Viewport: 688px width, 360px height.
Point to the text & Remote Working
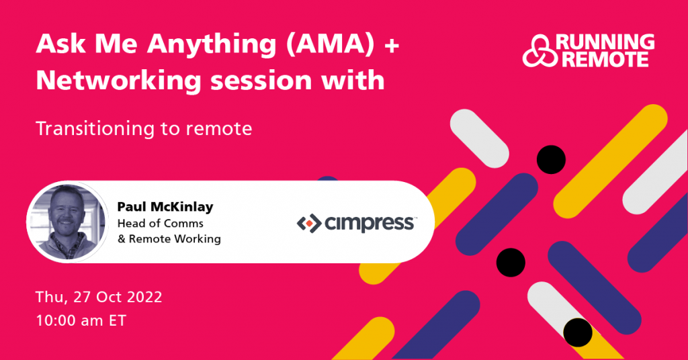click(169, 238)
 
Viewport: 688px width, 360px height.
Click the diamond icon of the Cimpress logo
click(307, 222)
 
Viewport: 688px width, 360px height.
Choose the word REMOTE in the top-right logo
click(605, 60)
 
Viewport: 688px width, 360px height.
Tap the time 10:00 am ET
click(81, 320)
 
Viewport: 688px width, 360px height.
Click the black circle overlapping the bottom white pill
click(577, 332)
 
